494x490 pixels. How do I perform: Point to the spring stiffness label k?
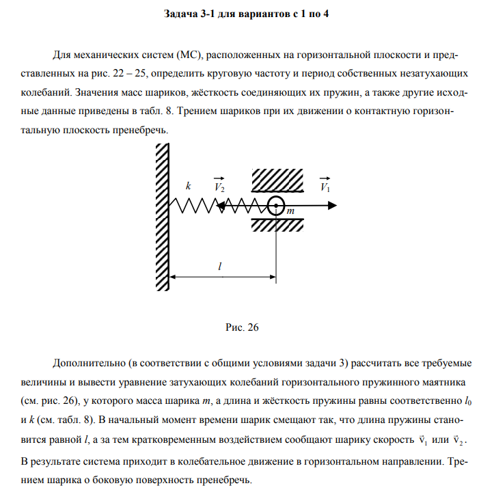click(188, 185)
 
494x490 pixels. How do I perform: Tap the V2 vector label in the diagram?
click(219, 186)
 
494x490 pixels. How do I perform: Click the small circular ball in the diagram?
click(275, 204)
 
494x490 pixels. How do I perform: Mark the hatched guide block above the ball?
click(277, 180)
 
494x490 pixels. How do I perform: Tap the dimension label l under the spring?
click(219, 267)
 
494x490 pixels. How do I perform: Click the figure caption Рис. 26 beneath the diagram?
click(242, 327)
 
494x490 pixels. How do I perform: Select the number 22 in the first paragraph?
click(115, 72)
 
